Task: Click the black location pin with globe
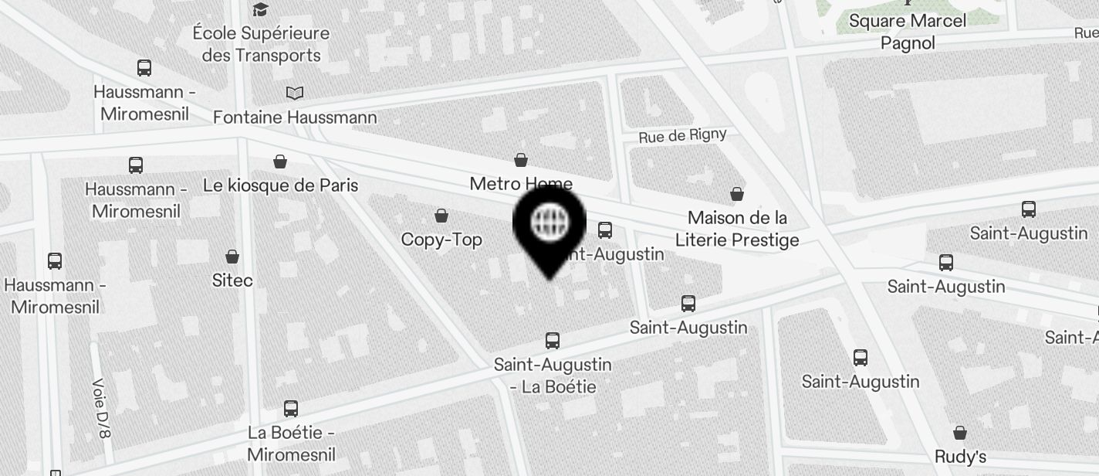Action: (x=549, y=225)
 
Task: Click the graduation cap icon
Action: (x=261, y=9)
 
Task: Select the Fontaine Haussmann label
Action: (x=295, y=117)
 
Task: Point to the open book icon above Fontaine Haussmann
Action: (x=295, y=93)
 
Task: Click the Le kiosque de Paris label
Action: (x=281, y=185)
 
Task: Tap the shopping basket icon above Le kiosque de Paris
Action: (x=280, y=161)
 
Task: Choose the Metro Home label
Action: (x=521, y=183)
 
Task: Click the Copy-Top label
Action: (x=441, y=240)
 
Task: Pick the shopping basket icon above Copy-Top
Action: (x=441, y=216)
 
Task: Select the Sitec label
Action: (x=232, y=280)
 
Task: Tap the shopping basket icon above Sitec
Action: (x=232, y=257)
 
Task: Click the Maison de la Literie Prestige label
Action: (x=737, y=229)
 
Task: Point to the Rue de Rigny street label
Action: (x=682, y=136)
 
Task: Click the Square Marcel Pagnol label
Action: (x=908, y=32)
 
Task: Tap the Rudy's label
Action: (x=960, y=456)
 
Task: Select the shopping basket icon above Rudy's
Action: (x=960, y=433)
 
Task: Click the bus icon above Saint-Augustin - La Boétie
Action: (x=553, y=340)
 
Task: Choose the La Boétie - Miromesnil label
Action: (x=291, y=443)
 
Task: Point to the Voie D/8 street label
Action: (x=101, y=407)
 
